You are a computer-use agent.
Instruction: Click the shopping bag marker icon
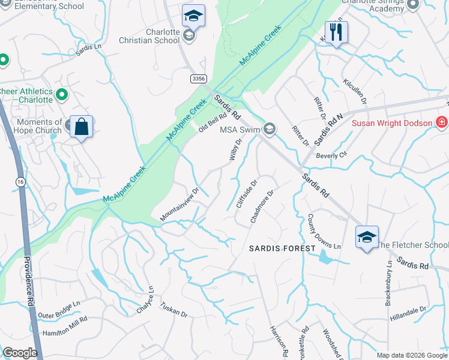click(x=81, y=127)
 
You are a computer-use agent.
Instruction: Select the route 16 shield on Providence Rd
click(x=21, y=181)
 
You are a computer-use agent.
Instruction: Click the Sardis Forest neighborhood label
click(x=283, y=248)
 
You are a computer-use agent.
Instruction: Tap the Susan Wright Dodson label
click(x=392, y=123)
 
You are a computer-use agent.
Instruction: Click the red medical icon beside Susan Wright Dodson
click(x=442, y=122)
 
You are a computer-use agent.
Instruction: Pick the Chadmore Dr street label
click(x=262, y=207)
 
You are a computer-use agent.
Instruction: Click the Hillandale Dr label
click(x=408, y=312)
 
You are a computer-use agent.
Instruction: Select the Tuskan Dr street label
click(x=174, y=309)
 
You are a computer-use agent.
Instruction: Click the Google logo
click(x=20, y=353)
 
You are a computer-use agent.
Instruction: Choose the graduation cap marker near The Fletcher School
click(x=366, y=236)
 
